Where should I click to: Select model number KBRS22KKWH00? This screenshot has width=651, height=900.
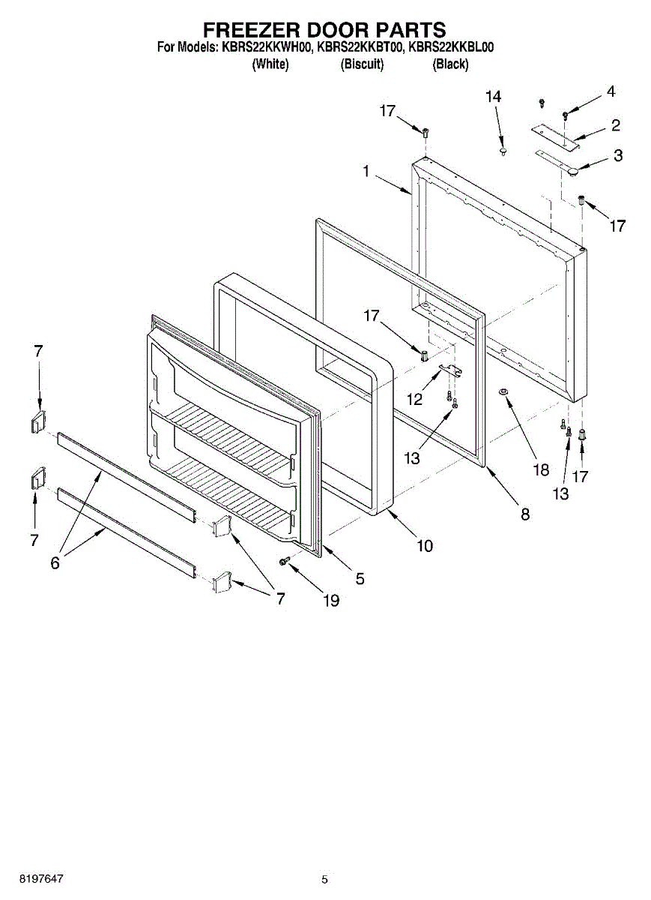tap(267, 47)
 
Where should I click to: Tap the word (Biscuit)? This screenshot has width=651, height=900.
tap(363, 64)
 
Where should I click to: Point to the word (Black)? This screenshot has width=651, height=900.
tap(451, 64)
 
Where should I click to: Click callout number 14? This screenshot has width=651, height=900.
tap(493, 97)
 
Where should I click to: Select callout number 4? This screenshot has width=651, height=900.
tap(611, 91)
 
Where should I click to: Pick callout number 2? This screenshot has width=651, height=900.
tap(615, 124)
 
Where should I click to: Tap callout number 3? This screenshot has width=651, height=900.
tap(617, 156)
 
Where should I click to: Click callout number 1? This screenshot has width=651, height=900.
tap(366, 172)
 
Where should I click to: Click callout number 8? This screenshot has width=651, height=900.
tap(524, 514)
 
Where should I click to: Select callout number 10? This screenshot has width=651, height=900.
tap(425, 546)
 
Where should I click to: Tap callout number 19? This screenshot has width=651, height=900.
tap(330, 600)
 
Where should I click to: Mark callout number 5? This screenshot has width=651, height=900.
tap(360, 578)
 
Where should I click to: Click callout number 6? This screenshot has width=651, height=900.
tap(55, 563)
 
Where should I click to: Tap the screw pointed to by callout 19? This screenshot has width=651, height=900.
tap(285, 560)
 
